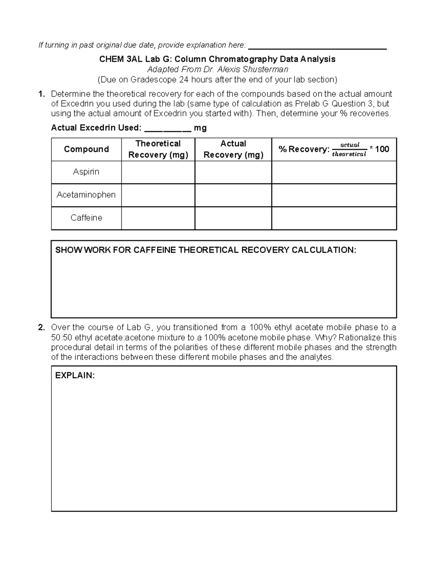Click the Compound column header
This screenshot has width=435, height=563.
point(86,149)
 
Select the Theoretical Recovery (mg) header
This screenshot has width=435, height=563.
point(158,149)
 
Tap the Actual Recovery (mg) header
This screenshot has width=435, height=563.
point(233,149)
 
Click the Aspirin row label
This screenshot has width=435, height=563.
point(86,172)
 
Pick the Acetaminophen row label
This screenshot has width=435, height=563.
point(86,195)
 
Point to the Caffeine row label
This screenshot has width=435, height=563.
point(86,218)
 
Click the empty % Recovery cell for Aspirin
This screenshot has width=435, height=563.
point(334,172)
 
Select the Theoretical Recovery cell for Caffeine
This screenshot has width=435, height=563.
point(158,218)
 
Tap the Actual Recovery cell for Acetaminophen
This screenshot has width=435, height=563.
point(233,195)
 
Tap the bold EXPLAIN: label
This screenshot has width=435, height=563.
point(75,376)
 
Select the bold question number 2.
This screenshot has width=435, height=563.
point(41,328)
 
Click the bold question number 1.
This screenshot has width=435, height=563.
point(41,94)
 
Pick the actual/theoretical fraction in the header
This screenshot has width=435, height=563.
point(349,149)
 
